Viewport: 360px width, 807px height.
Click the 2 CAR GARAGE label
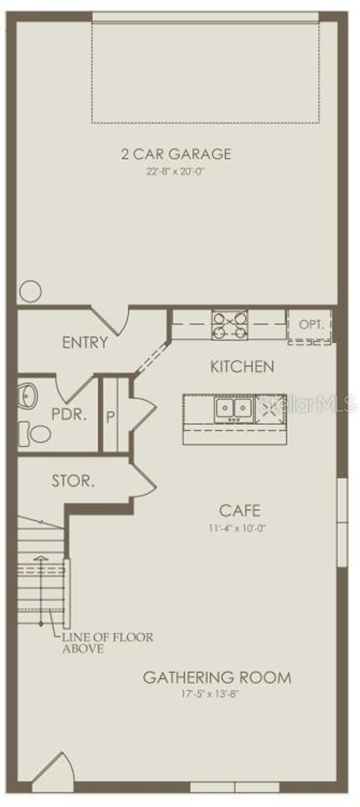pos(176,154)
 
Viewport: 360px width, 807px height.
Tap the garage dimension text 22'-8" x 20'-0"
pos(175,172)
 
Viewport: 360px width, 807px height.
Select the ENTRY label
pos(85,342)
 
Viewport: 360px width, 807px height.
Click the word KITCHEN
pos(242,367)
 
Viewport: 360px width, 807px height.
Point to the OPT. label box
pos(310,324)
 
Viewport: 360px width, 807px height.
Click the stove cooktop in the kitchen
pos(230,325)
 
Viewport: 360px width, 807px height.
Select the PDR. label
pos(69,414)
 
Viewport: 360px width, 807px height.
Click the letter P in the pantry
pos(110,417)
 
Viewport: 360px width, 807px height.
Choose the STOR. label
pos(73,481)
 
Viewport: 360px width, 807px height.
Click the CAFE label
pos(240,511)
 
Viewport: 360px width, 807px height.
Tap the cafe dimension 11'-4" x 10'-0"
pos(237,528)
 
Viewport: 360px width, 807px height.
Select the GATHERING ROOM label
pos(217,678)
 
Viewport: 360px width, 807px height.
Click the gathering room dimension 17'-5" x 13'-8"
pos(210,694)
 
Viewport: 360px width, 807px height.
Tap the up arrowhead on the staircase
pos(41,557)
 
